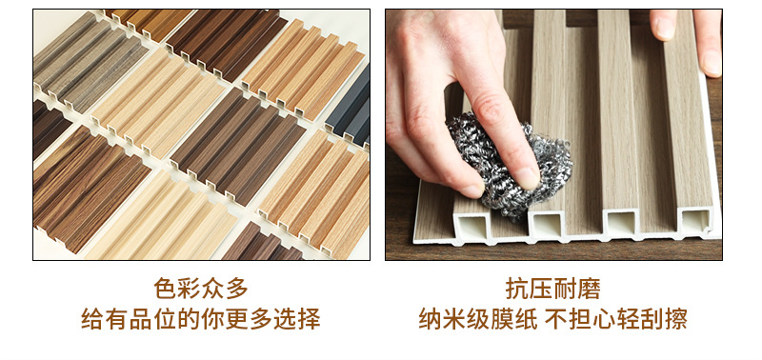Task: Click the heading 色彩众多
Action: (200, 288)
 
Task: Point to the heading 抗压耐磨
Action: (552, 288)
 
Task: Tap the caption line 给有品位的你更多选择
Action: (200, 319)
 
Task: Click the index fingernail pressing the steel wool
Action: (525, 175)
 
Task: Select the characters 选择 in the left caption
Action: (296, 319)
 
